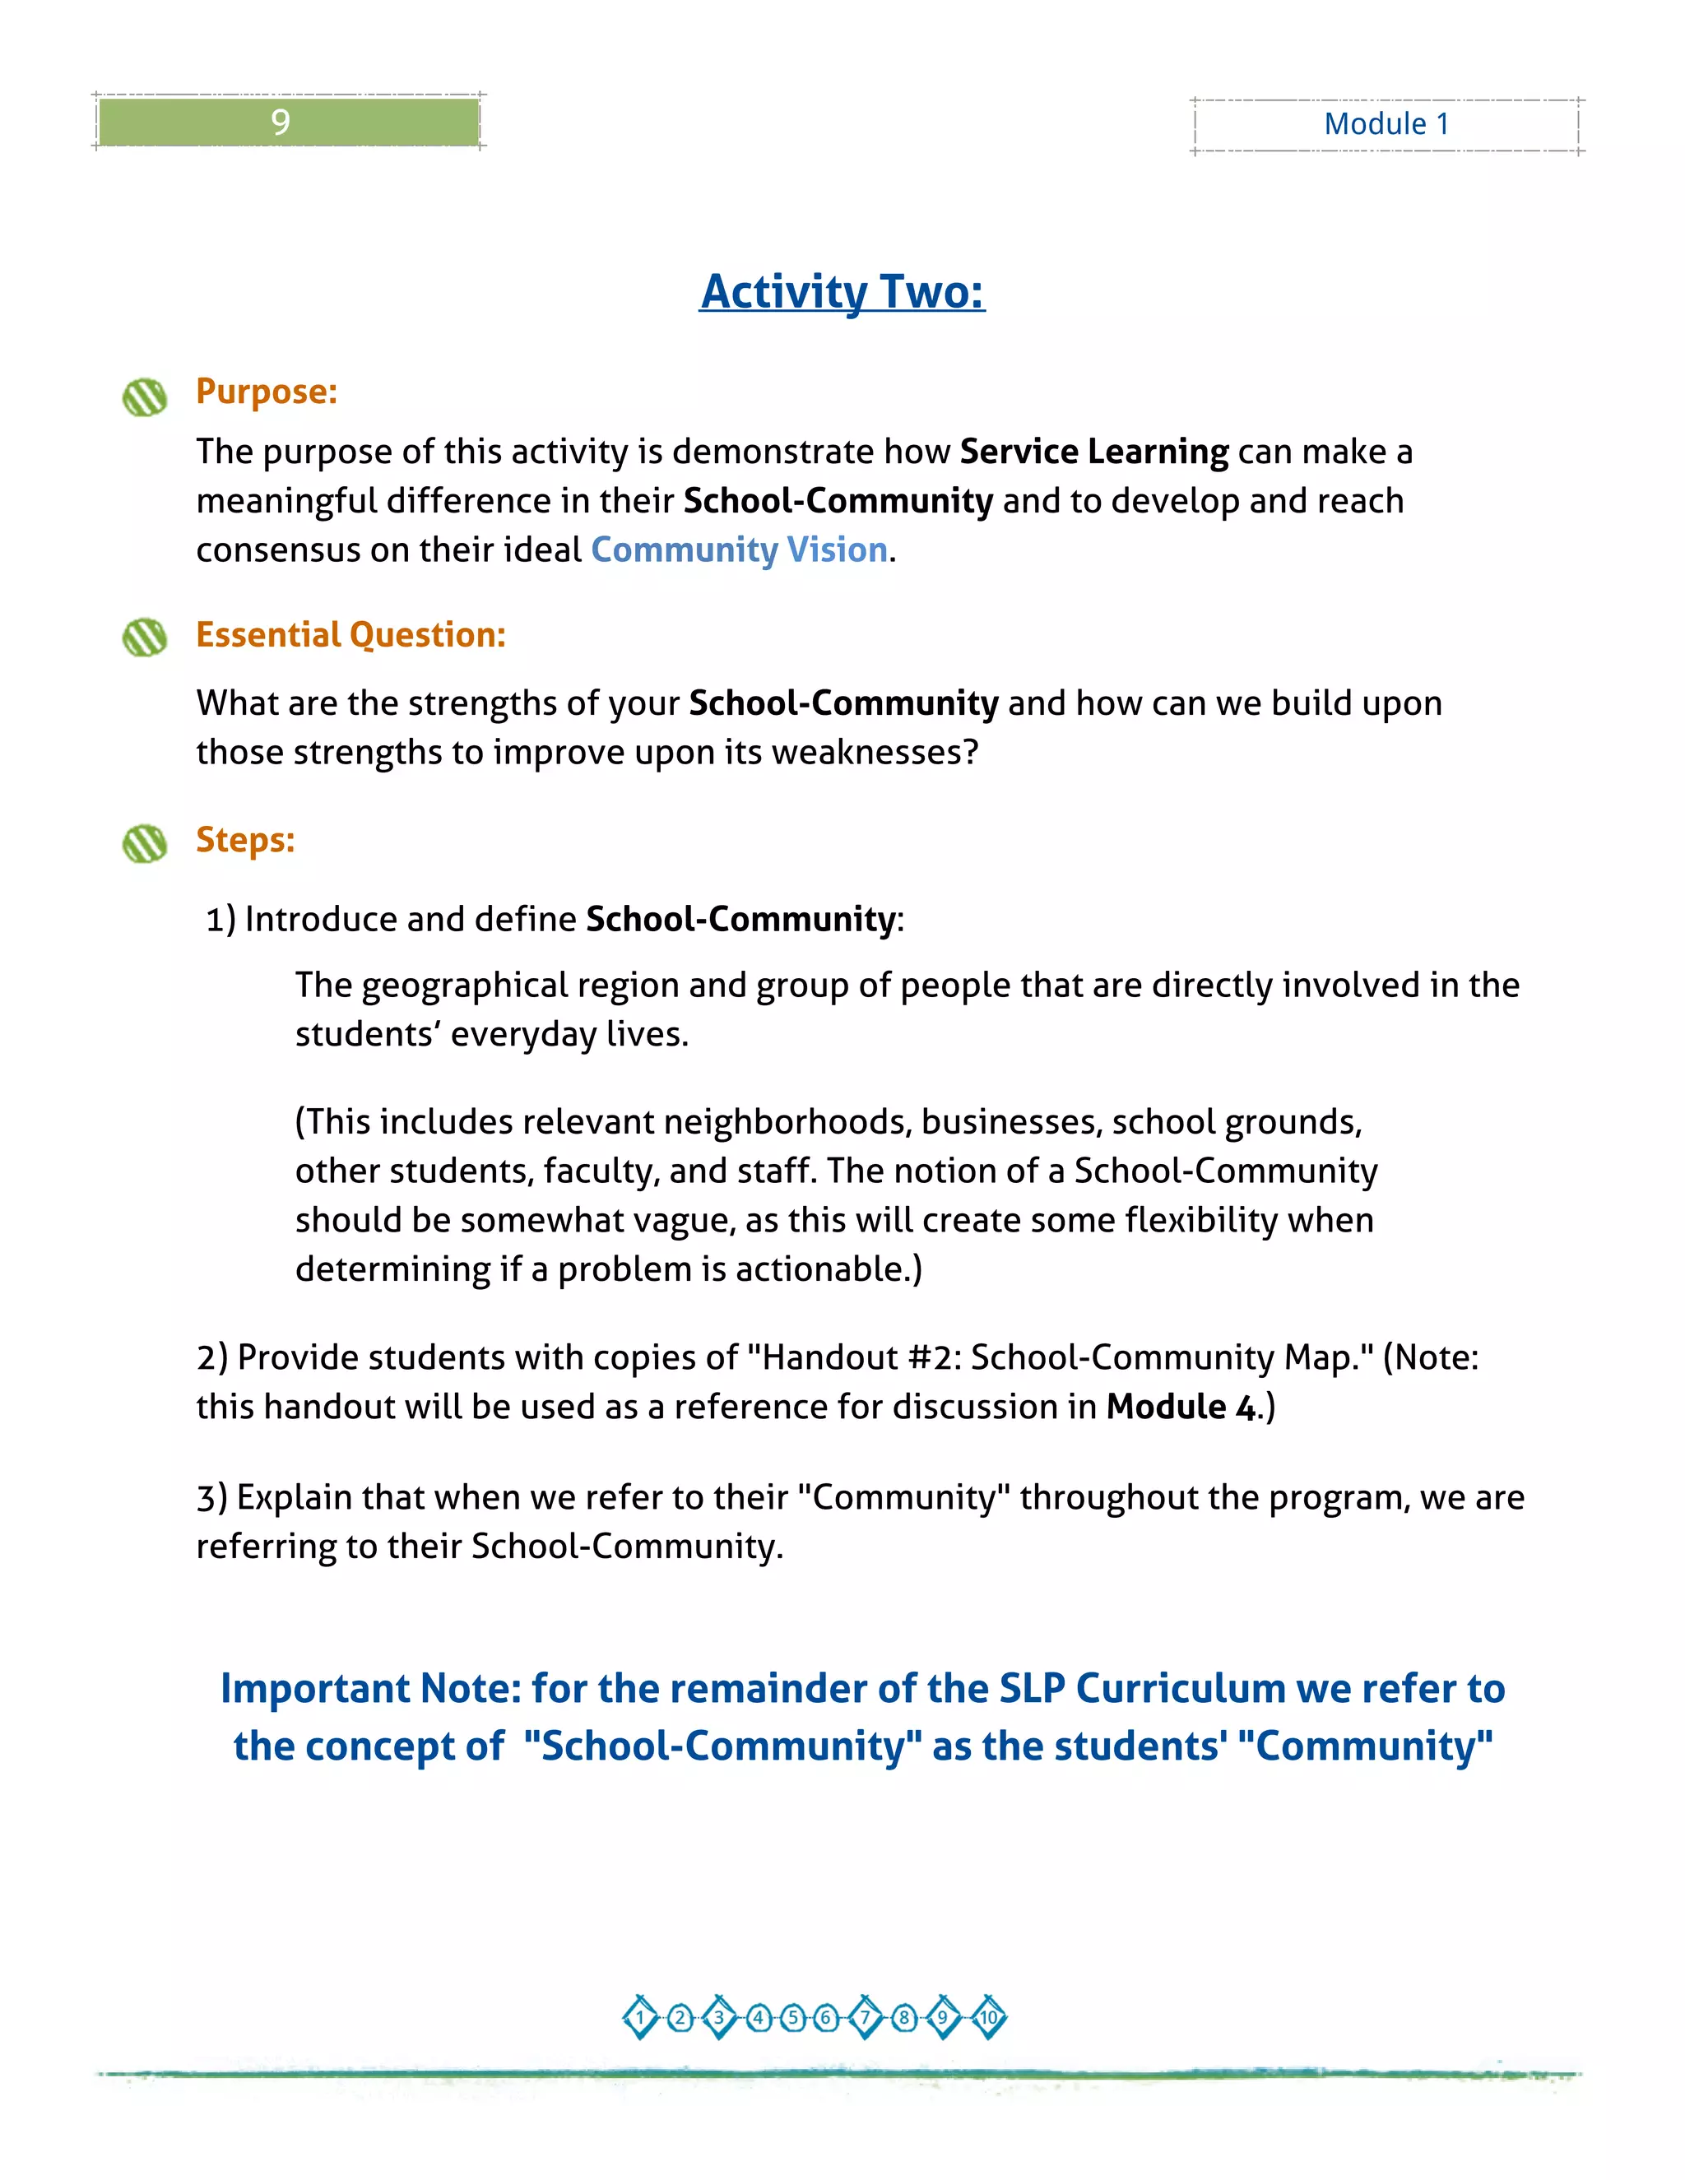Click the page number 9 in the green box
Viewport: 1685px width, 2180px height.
tap(281, 122)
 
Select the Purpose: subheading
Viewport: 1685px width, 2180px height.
tap(267, 392)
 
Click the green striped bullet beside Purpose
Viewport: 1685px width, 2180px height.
tap(145, 397)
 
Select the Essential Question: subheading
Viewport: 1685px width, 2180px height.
tap(350, 635)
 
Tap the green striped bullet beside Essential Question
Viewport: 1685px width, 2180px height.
tap(145, 637)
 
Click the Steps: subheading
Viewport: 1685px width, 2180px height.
tap(245, 839)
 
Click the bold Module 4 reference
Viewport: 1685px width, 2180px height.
tap(1181, 1407)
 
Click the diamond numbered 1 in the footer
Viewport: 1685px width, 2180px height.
tap(641, 2017)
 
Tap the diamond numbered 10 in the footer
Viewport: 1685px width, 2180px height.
tap(988, 2017)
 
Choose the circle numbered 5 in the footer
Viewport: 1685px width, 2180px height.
tap(794, 2017)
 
